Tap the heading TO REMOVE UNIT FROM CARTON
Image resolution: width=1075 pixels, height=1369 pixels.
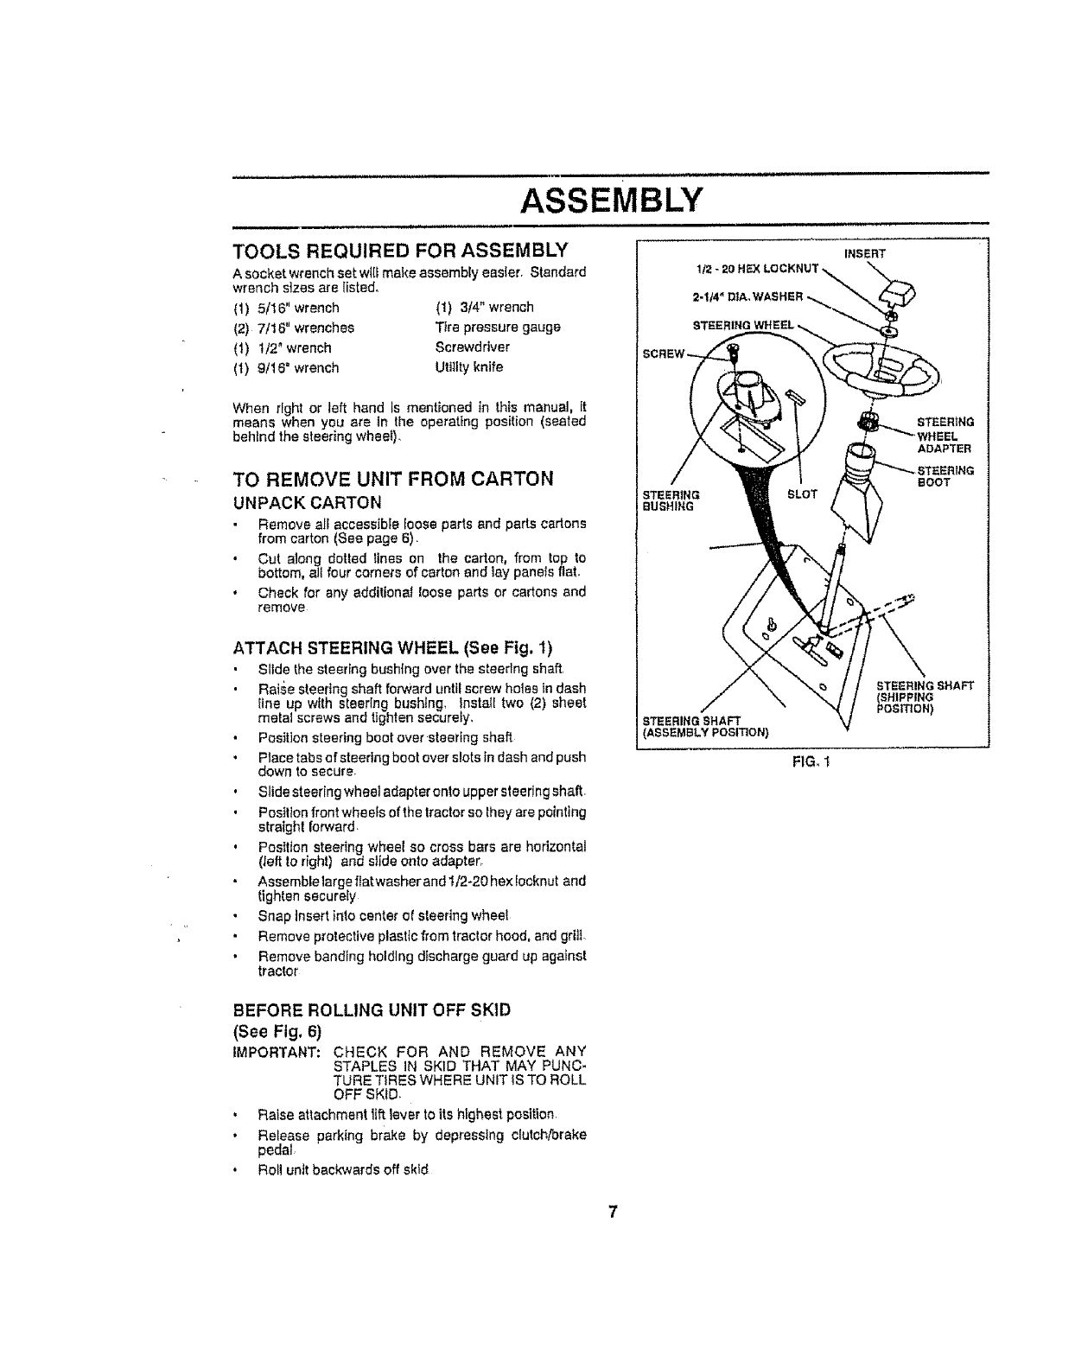pyautogui.click(x=392, y=479)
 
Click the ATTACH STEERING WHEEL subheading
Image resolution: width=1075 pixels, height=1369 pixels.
pyautogui.click(x=392, y=648)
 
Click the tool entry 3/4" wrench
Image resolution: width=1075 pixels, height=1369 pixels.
pyautogui.click(x=484, y=307)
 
